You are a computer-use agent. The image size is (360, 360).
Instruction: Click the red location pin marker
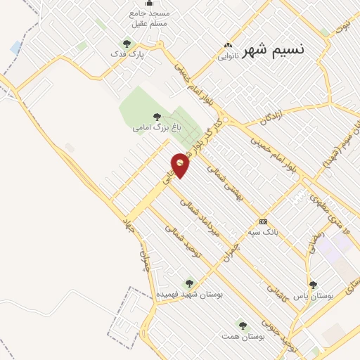181,164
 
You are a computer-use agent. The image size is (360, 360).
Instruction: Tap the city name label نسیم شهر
274,51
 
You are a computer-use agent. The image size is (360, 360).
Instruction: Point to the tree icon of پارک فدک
127,44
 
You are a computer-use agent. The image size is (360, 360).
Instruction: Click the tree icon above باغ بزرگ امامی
156,117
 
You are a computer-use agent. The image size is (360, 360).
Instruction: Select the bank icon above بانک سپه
263,221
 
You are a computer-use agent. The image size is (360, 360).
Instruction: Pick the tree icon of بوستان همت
243,326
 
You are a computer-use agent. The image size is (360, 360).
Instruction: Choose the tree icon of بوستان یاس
313,285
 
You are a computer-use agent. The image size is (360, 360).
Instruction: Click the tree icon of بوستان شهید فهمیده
188,283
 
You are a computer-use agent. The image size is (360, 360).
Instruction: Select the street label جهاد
128,226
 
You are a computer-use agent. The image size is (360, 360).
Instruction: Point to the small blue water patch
16,47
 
